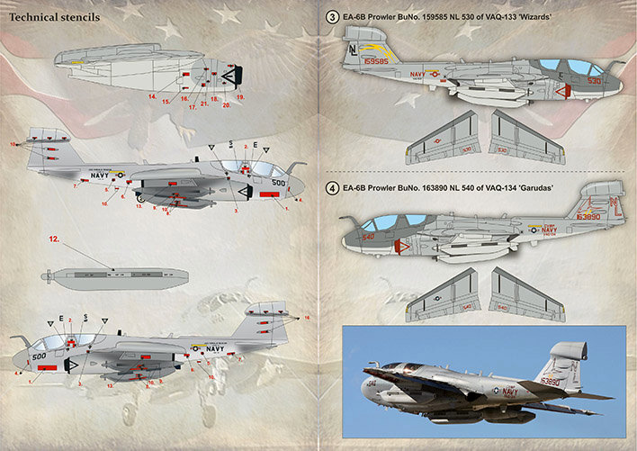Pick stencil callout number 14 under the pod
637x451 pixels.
pyautogui.click(x=152, y=95)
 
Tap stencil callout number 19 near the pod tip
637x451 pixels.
pyautogui.click(x=240, y=95)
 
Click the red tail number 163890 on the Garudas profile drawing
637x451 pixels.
pyautogui.click(x=589, y=217)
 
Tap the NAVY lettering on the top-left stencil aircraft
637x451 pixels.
pyautogui.click(x=99, y=176)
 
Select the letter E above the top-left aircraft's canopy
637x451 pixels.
pyautogui.click(x=255, y=144)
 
